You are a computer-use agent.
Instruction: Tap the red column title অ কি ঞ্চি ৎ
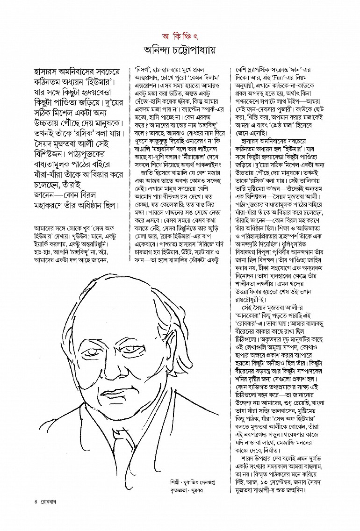point(180,36)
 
